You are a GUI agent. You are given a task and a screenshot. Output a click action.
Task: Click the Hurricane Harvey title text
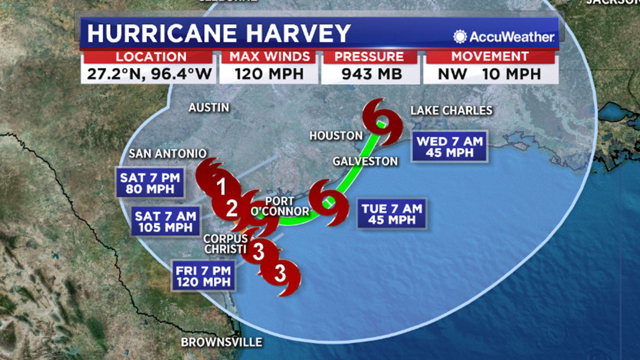tap(219, 33)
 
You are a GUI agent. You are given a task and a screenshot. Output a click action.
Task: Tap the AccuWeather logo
tap(504, 37)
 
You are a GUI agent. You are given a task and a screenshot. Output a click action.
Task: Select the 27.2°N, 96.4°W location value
tap(149, 74)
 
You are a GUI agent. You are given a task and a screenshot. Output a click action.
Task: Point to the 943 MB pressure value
tap(371, 74)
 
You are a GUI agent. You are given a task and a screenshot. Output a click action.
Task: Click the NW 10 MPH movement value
tap(490, 74)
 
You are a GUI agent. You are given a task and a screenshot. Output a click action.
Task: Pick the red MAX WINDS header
tap(270, 57)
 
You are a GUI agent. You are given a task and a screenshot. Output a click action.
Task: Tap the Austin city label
tap(209, 108)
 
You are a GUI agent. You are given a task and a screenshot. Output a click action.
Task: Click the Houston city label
tap(336, 136)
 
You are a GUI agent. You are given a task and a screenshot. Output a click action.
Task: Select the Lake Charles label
tap(451, 110)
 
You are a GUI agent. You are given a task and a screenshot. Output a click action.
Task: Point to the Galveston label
tap(365, 161)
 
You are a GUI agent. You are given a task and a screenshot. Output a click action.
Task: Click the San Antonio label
tap(168, 154)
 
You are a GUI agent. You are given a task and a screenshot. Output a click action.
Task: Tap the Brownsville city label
tap(222, 342)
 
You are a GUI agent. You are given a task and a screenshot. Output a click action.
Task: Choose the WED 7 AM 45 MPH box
tap(450, 147)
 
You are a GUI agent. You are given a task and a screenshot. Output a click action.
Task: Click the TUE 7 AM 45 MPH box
tap(392, 214)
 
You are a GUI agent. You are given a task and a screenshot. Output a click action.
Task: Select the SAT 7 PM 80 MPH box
tap(150, 183)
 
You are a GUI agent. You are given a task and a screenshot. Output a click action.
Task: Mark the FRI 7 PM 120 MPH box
tap(203, 276)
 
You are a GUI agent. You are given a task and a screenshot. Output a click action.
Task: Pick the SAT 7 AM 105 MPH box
tap(165, 222)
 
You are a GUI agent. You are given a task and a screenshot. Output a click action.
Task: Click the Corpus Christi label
tap(225, 244)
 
